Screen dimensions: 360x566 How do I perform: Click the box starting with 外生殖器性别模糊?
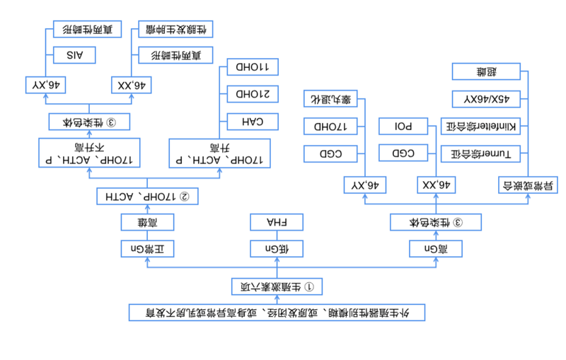coord(277,312)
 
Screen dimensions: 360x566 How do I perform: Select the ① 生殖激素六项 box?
coord(278,286)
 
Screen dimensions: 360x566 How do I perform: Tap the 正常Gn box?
coord(147,249)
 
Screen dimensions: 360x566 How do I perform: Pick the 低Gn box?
coord(277,249)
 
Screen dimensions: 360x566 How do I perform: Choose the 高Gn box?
coord(436,249)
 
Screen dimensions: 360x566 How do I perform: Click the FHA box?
coord(277,223)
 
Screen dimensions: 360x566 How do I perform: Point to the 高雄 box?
coord(147,223)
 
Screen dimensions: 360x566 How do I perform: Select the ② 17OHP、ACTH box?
coord(147,196)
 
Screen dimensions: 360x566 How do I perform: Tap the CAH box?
coord(253,122)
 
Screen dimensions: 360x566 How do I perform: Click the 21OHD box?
coord(253,94)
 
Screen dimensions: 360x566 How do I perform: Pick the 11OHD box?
coord(253,66)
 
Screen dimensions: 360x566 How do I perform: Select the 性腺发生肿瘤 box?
coord(175,29)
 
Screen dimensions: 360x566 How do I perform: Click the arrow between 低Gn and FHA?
coord(277,236)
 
